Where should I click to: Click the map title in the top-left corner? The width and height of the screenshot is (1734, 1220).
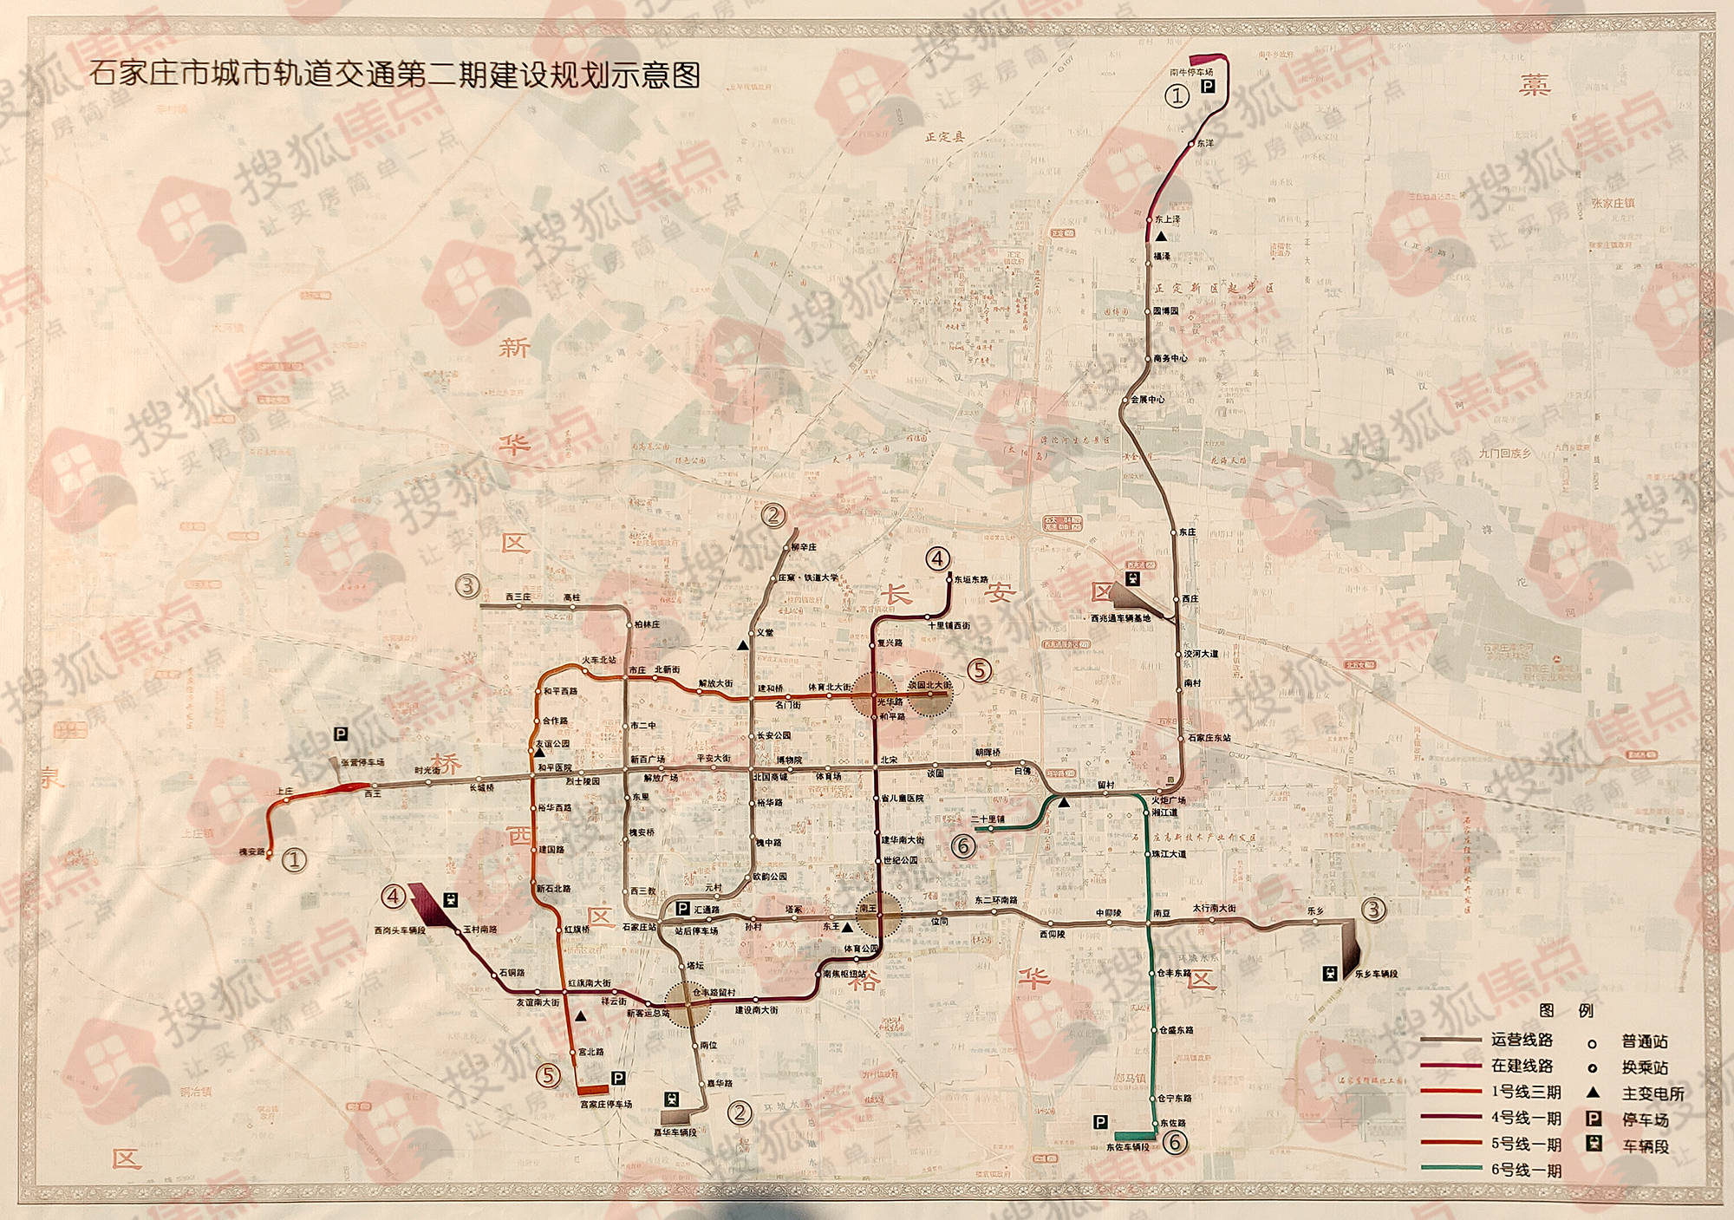[x=394, y=75]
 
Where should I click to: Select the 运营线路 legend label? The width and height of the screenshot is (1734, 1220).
[x=1522, y=1040]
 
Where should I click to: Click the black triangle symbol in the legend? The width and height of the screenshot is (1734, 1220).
[x=1593, y=1093]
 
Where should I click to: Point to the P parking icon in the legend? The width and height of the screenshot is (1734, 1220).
[x=1593, y=1119]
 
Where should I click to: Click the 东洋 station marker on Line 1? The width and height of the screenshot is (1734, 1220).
[x=1191, y=143]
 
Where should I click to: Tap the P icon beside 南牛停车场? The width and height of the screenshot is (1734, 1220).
[x=1208, y=86]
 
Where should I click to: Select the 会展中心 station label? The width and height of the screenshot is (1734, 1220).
[x=1148, y=400]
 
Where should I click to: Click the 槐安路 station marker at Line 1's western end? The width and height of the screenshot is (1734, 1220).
[x=270, y=854]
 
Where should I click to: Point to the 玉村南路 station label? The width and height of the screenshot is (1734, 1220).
[x=480, y=930]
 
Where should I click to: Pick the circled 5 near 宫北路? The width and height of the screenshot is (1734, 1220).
[x=548, y=1076]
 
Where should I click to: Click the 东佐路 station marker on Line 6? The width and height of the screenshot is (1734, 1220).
[x=1155, y=1124]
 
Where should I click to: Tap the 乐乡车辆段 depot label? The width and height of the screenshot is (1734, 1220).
[x=1376, y=974]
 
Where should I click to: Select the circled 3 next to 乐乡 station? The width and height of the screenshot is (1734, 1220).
[x=1373, y=909]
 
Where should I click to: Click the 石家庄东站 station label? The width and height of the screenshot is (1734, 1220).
[x=1209, y=738]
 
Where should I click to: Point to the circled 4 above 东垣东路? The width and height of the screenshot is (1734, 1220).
[x=937, y=558]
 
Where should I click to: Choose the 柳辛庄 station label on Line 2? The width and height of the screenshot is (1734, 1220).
[x=804, y=547]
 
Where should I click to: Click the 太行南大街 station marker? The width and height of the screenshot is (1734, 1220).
[x=1212, y=919]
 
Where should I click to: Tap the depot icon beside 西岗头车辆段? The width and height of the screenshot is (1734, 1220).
[x=450, y=900]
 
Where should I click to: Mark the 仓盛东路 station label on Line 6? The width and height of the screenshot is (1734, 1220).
[x=1177, y=1030]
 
